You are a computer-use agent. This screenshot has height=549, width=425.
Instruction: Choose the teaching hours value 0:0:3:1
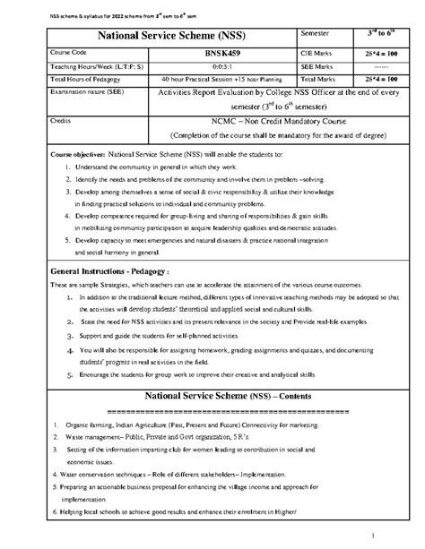212,64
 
